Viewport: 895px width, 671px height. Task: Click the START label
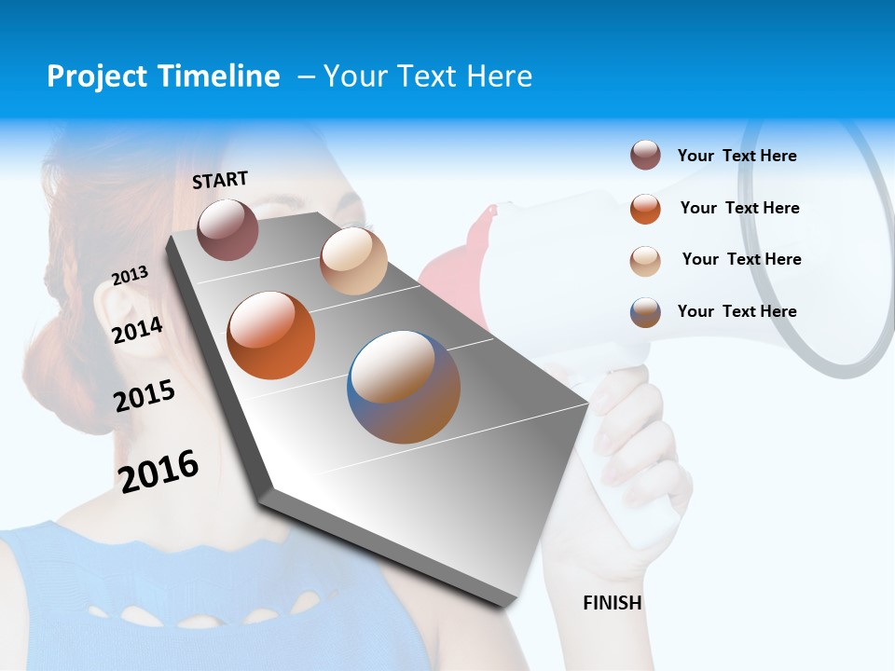point(220,180)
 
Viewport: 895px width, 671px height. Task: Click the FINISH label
point(612,603)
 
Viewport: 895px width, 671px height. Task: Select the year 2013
point(130,276)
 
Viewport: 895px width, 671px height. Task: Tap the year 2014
point(137,330)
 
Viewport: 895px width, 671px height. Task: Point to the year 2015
point(145,396)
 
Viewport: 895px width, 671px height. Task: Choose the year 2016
point(158,471)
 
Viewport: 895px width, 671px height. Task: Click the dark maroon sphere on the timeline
point(227,229)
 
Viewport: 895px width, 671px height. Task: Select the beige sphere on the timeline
point(353,261)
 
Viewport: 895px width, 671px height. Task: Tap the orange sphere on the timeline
point(271,335)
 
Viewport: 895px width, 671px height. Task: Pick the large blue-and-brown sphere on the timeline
point(404,387)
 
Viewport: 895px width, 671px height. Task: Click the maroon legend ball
point(645,155)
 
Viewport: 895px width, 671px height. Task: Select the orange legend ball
point(645,208)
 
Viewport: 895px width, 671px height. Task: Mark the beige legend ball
point(645,260)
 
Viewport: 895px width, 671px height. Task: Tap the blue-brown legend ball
point(645,312)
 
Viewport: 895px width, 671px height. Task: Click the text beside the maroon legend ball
point(737,156)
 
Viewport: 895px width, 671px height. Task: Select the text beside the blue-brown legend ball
point(737,311)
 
